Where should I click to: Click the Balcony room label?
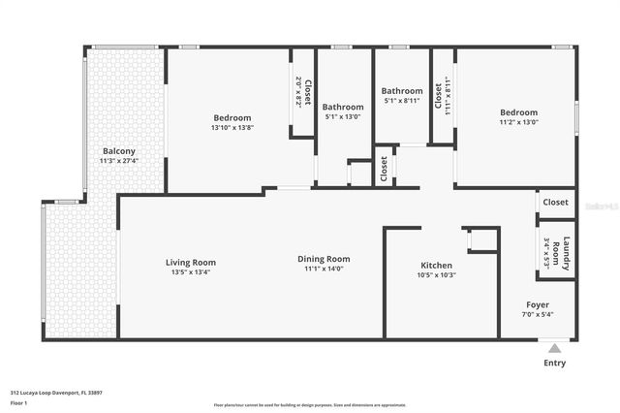(x=119, y=151)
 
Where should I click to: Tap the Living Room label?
(x=190, y=262)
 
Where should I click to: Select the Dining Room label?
(x=324, y=259)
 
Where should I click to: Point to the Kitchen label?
(x=436, y=266)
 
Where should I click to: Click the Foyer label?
(x=538, y=304)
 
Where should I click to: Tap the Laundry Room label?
(x=567, y=251)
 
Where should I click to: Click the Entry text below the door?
(x=554, y=364)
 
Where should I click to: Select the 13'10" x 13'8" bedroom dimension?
(x=232, y=128)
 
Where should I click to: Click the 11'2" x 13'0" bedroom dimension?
(x=519, y=122)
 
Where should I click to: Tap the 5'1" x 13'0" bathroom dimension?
(x=343, y=116)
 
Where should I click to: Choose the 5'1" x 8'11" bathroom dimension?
(x=401, y=100)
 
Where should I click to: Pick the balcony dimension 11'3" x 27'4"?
(x=119, y=161)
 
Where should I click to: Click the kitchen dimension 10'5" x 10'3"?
(x=436, y=275)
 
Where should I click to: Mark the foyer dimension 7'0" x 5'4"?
(x=538, y=314)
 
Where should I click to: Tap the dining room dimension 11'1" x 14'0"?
(x=324, y=269)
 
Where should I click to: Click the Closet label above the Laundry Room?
(x=556, y=203)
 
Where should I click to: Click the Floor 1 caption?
(x=19, y=402)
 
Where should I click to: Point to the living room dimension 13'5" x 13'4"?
(x=190, y=271)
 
